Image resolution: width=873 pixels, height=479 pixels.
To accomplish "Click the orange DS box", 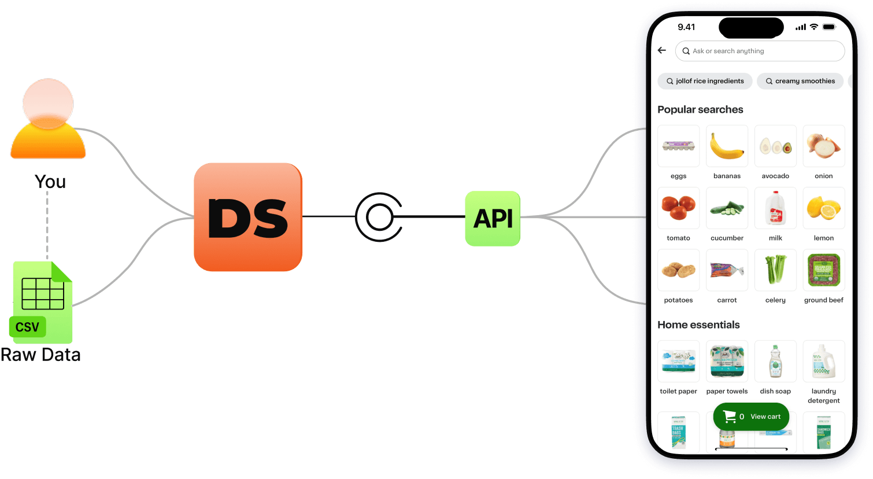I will pyautogui.click(x=248, y=217).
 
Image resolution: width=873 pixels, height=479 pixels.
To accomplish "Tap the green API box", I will pyautogui.click(x=493, y=219).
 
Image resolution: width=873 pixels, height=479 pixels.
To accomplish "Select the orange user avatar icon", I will pyautogui.click(x=48, y=120).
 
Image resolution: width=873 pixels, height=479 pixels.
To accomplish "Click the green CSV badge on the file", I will pyautogui.click(x=27, y=327).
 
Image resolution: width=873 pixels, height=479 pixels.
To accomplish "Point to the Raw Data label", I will pyautogui.click(x=40, y=355).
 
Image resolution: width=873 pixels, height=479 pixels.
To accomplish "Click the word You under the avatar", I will pyautogui.click(x=50, y=182).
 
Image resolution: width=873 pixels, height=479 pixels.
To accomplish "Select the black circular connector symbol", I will pyautogui.click(x=379, y=217).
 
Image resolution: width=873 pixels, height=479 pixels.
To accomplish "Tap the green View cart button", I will pyautogui.click(x=751, y=417).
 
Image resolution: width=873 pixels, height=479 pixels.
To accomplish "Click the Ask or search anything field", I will pyautogui.click(x=760, y=51).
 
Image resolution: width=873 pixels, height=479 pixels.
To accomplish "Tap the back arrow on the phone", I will pyautogui.click(x=662, y=50).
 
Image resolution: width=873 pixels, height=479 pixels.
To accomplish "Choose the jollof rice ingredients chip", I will pyautogui.click(x=705, y=81).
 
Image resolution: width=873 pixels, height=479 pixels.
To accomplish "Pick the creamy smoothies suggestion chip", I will pyautogui.click(x=800, y=81).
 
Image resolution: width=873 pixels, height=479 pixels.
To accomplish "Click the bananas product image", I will pyautogui.click(x=727, y=146).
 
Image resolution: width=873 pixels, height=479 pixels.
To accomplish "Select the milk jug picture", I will pyautogui.click(x=775, y=208).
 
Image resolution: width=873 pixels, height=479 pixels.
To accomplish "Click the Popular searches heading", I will pyautogui.click(x=700, y=109).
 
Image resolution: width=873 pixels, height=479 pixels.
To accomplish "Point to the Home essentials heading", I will pyautogui.click(x=698, y=325).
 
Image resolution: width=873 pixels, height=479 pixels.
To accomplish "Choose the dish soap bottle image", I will pyautogui.click(x=775, y=361).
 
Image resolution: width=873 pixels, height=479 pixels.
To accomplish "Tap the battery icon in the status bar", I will pyautogui.click(x=829, y=27).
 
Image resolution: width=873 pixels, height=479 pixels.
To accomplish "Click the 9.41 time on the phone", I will pyautogui.click(x=686, y=27).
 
